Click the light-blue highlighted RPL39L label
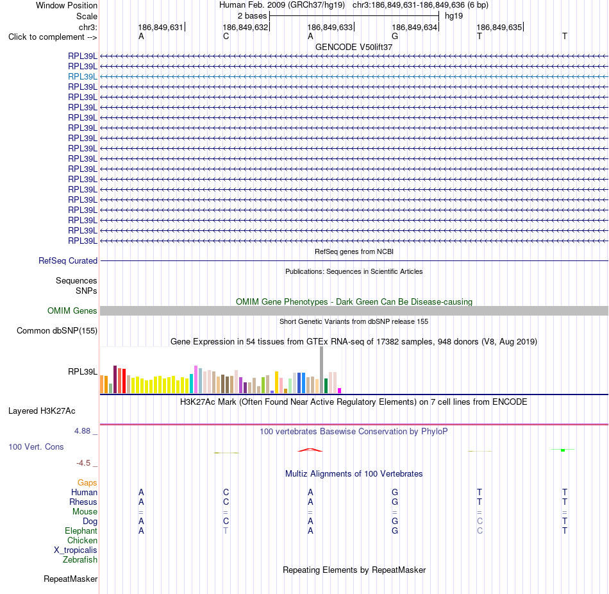[82, 76]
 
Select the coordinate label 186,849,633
[330, 27]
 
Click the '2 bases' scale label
[252, 16]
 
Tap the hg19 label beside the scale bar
[454, 16]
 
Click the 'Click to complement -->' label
[53, 37]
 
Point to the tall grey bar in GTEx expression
[321, 369]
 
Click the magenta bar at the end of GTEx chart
[340, 391]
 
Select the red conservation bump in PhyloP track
[310, 450]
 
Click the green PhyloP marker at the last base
[563, 450]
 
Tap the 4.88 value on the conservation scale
[82, 431]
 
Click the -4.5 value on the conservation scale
[83, 463]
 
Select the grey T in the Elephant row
[226, 530]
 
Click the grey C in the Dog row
[480, 521]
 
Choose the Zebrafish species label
[80, 560]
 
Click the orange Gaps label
[87, 483]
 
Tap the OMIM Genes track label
[72, 310]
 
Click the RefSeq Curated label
[68, 261]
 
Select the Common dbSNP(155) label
[57, 331]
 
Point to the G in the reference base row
[395, 36]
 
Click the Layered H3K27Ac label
[42, 411]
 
